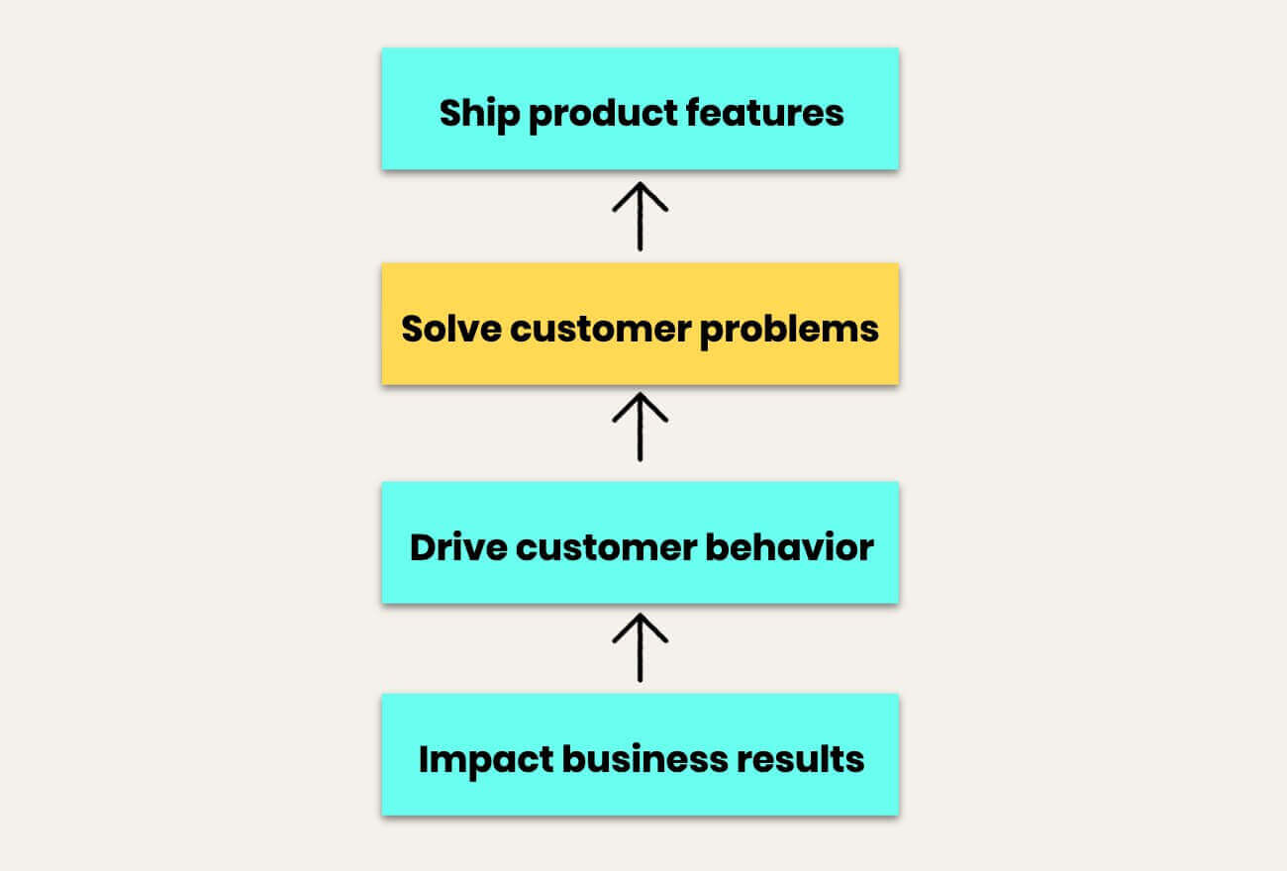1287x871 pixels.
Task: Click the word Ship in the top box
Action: [x=479, y=115]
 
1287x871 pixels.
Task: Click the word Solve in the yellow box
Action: [x=451, y=329]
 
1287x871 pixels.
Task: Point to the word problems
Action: [x=789, y=331]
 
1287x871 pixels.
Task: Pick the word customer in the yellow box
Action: [x=600, y=330]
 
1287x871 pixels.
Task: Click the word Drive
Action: [x=458, y=547]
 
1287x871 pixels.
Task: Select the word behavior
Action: [x=789, y=547]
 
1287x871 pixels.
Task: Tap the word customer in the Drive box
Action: [x=606, y=548]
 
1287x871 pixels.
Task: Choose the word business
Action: [x=644, y=758]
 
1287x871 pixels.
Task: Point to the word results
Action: [x=800, y=759]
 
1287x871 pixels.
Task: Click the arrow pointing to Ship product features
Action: [x=641, y=217]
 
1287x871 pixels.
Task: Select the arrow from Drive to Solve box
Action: [x=641, y=427]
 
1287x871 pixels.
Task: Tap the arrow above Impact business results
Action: [x=641, y=648]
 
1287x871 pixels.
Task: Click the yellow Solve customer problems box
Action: [x=641, y=324]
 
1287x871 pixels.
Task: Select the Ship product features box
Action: [x=641, y=109]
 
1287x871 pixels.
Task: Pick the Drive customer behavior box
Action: [x=641, y=542]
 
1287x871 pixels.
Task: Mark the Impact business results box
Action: [x=641, y=754]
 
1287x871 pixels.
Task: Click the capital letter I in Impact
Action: [x=424, y=759]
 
